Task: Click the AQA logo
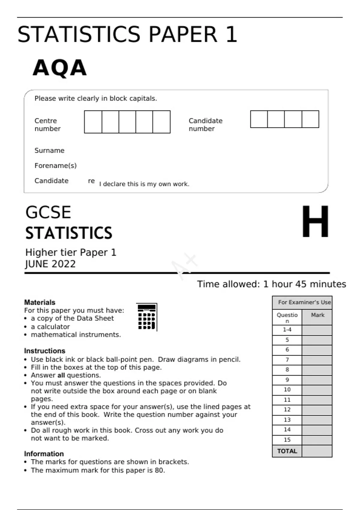pos(60,68)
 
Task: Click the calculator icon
pos(147,317)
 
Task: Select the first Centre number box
pos(93,122)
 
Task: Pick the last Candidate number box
pos(310,119)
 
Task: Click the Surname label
pos(49,150)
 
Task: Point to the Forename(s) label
pos(55,166)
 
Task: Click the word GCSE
pos(48,212)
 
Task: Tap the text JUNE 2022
pos(50,264)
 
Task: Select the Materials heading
pos(40,302)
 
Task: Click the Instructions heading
pos(44,351)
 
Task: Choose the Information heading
pos(44,454)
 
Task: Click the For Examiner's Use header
pos(304,302)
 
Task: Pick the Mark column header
pos(317,315)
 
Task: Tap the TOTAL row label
pos(287,451)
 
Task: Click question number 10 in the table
pos(287,389)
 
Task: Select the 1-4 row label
pos(287,329)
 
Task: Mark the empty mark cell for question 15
pos(317,440)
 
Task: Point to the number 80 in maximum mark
pos(159,470)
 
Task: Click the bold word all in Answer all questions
pos(61,375)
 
